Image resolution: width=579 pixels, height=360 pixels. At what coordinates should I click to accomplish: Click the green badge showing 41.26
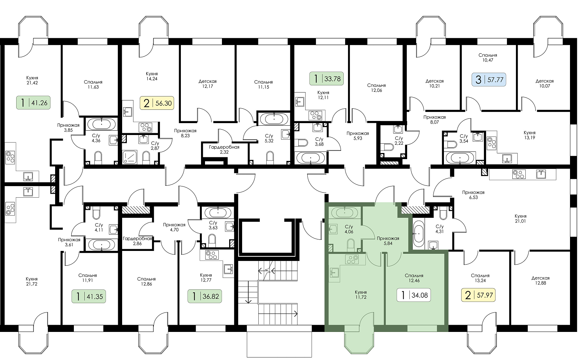(34, 103)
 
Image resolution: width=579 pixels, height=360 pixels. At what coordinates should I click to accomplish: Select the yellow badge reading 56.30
(157, 103)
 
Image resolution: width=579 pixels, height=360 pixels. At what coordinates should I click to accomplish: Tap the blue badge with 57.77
(489, 80)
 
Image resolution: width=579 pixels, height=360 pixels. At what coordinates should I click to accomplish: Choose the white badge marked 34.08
(414, 295)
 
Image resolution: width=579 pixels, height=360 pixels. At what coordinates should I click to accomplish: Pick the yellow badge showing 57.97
(478, 295)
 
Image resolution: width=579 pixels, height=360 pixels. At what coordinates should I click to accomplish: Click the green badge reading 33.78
(326, 78)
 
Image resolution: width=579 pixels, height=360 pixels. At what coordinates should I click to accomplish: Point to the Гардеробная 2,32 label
(224, 149)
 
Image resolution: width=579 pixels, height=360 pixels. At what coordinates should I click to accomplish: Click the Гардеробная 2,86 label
(137, 241)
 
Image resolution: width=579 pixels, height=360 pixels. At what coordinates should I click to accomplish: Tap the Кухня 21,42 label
(32, 80)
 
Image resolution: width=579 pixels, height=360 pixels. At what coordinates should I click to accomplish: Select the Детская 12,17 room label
(208, 84)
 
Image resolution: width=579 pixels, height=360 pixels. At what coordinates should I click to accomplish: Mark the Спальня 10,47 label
(488, 58)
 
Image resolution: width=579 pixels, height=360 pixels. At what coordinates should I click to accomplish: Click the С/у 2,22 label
(399, 141)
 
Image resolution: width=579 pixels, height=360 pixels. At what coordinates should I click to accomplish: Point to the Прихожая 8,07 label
(435, 120)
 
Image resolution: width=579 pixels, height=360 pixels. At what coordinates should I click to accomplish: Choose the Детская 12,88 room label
(540, 280)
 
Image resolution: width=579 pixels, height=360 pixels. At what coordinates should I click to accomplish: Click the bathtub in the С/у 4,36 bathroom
(101, 124)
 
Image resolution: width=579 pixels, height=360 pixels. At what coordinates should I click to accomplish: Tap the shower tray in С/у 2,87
(130, 157)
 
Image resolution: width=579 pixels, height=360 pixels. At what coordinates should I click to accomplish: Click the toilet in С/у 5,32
(270, 158)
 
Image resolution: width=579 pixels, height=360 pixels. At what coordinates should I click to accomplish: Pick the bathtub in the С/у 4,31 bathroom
(418, 233)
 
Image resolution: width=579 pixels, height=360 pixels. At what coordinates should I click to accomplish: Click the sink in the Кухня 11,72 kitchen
(335, 273)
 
